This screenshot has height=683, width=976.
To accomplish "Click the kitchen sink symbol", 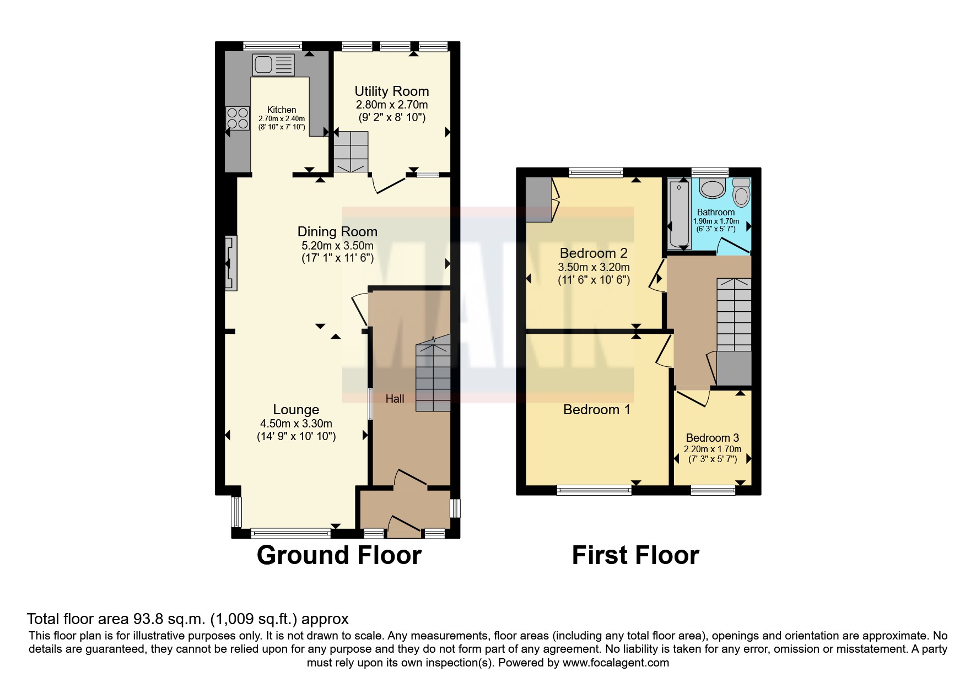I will pos(273,64).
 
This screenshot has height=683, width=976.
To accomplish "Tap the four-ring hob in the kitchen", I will pos(237,118).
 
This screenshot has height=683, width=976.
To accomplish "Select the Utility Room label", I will pos(391,91).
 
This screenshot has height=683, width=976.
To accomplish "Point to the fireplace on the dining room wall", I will pos(231,263).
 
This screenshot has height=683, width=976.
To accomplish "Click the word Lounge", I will pos(296,409).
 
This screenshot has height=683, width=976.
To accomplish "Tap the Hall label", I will pos(395,399).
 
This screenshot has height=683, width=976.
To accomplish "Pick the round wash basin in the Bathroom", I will pos(712,189).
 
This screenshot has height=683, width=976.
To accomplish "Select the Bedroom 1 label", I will pos(596,409).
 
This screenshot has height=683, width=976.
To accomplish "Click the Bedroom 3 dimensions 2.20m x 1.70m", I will pos(713,449).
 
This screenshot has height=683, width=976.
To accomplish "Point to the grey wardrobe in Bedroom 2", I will pos(538,199).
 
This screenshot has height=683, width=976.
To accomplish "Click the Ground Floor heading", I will pos(339,555).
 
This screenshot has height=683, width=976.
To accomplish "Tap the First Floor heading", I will pos(635,555).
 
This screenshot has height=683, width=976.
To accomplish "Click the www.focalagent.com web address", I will pos(616,663).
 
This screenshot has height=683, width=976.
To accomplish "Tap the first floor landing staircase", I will pos(734,314).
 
